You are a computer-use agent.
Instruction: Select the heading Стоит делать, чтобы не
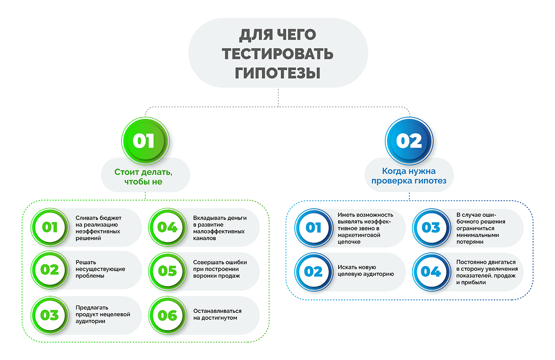146,177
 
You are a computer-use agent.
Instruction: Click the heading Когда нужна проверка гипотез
409,176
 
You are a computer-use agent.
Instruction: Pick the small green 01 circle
49,227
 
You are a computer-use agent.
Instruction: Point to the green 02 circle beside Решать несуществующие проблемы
49,269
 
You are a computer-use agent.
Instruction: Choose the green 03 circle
49,315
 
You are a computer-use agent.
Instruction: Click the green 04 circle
167,227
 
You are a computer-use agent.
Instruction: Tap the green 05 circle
167,270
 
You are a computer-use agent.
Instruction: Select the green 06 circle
167,315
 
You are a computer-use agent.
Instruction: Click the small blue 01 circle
313,227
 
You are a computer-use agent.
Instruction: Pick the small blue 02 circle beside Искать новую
313,271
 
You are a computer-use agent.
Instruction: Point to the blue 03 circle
431,227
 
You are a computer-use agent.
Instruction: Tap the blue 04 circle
431,271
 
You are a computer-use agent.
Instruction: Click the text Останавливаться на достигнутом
217,315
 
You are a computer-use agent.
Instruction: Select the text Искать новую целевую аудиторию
365,271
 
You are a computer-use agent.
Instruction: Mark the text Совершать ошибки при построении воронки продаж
220,269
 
